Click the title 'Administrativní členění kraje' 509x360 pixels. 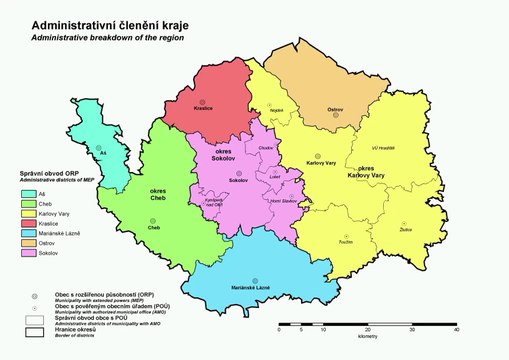pyautogui.click(x=107, y=22)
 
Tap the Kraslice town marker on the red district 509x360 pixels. pyautogui.click(x=203, y=102)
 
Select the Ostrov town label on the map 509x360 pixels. pyautogui.click(x=335, y=109)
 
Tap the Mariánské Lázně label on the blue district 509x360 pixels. pyautogui.click(x=255, y=289)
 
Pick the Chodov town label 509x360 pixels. pyautogui.click(x=265, y=148)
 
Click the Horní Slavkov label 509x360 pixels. pyautogui.click(x=283, y=201)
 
